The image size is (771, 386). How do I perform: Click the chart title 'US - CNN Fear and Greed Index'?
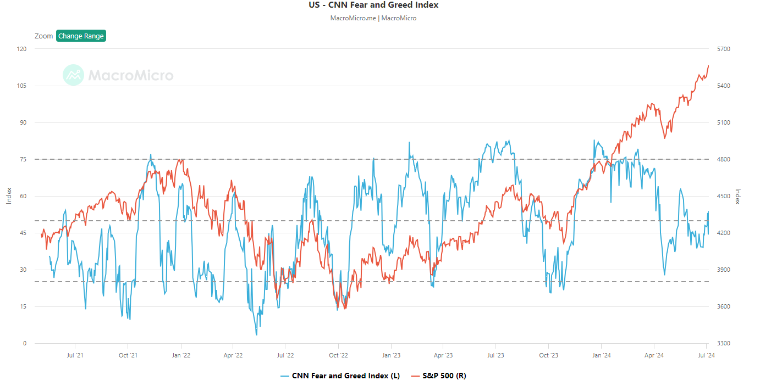[x=373, y=5]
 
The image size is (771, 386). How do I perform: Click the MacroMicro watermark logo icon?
[x=73, y=75]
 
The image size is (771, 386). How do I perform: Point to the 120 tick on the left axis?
[x=22, y=49]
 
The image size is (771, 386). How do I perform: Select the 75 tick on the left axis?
[x=23, y=159]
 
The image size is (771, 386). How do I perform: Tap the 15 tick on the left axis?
[x=23, y=306]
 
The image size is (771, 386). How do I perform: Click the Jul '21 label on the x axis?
[x=75, y=355]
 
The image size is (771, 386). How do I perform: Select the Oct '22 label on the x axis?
[x=338, y=355]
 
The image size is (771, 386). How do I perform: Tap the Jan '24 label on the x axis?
[x=601, y=355]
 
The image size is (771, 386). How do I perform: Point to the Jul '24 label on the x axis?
[x=706, y=355]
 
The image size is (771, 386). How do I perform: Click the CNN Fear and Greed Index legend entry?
[x=340, y=376]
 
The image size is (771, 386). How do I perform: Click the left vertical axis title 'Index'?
[x=9, y=196]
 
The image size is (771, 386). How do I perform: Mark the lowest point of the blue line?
[x=256, y=334]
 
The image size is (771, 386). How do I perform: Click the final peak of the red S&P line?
[x=708, y=65]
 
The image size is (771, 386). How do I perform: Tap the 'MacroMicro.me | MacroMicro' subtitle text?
[x=373, y=18]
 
